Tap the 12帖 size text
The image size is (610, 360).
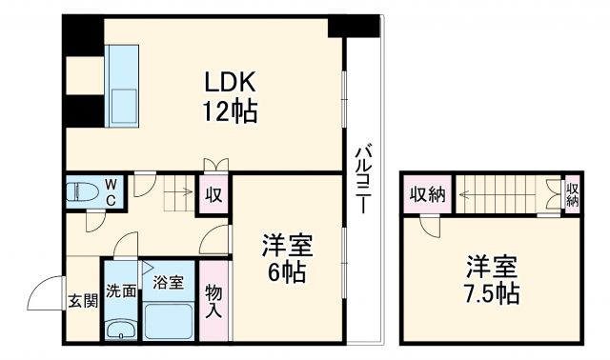tap(228, 111)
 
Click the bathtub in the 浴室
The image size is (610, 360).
tap(168, 317)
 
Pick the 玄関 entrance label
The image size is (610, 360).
tap(82, 302)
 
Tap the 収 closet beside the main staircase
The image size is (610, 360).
tap(214, 195)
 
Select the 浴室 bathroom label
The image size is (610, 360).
tap(168, 282)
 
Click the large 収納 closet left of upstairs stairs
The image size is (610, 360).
tap(427, 194)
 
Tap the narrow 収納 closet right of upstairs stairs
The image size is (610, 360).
tap(572, 194)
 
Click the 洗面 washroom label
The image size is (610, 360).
tap(120, 290)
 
